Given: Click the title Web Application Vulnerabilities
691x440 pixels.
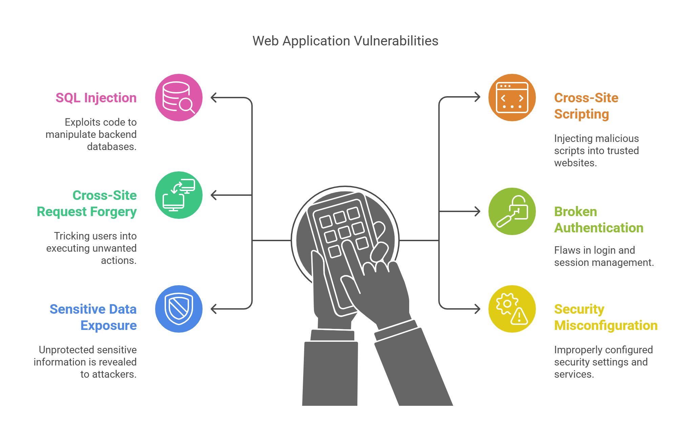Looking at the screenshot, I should [345, 41].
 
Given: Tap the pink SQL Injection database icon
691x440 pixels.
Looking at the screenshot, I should [179, 98].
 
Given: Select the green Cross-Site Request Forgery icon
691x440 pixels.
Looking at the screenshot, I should [179, 195].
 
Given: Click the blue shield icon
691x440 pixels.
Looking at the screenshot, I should [179, 309].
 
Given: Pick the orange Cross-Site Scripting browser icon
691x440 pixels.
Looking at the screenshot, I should [512, 98].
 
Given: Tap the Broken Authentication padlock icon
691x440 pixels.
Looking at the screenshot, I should [512, 211].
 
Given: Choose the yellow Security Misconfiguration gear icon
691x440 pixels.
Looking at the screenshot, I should [512, 309].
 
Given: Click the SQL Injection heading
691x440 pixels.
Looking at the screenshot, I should [96, 98].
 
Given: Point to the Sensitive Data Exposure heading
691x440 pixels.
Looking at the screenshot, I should [93, 317].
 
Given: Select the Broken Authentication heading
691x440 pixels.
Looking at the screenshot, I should [599, 219].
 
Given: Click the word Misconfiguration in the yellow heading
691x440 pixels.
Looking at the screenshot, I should [606, 326].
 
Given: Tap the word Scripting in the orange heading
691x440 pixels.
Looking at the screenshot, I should [581, 114].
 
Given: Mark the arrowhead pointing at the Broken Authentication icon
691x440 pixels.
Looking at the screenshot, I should [477, 211].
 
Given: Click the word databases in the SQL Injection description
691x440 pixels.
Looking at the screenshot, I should [111, 147].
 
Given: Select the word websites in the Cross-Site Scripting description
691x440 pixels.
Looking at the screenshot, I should [575, 163].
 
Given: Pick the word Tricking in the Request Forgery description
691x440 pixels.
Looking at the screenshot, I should [71, 236].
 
